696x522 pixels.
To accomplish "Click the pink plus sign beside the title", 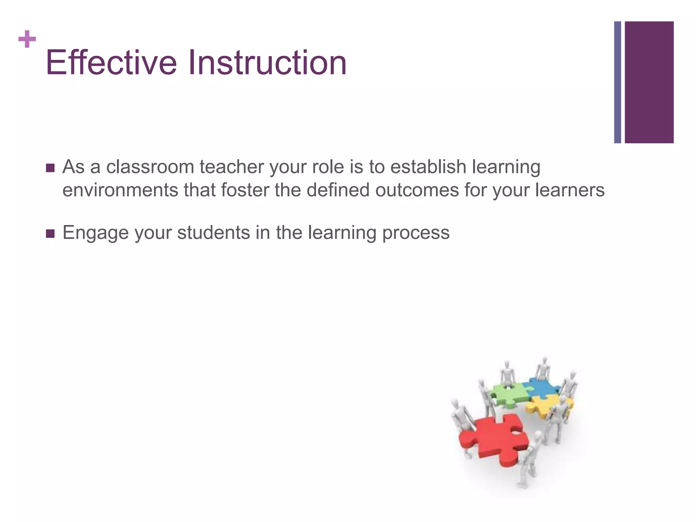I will click(27, 39).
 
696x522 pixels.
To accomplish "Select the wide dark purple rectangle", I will click(649, 82).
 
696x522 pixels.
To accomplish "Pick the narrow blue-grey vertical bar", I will click(617, 82).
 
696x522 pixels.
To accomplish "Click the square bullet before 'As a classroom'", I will click(50, 168).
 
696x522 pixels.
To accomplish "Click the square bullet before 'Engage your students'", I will click(50, 233).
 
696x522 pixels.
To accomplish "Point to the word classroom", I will click(150, 167).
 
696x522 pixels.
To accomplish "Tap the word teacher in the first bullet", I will click(231, 167).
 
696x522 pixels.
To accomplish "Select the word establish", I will click(428, 167).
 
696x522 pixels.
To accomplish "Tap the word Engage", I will click(95, 233).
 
